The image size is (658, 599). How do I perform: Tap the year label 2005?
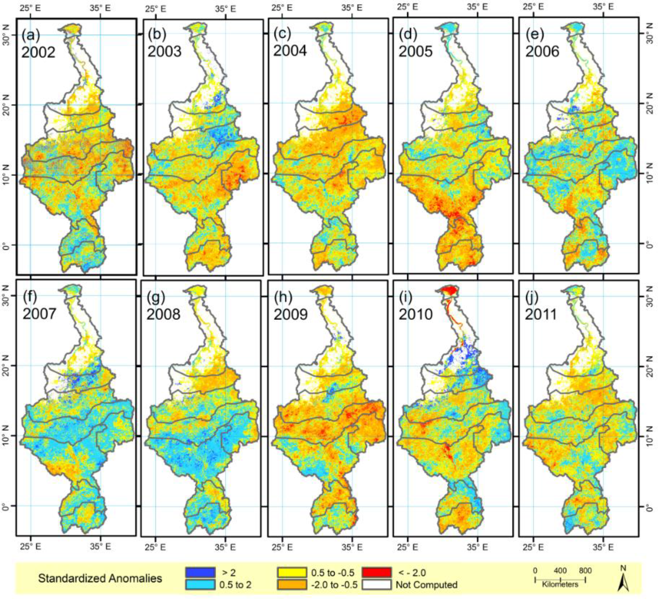(x=415, y=51)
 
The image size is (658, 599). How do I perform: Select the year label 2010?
(x=415, y=314)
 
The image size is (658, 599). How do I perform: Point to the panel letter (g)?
(x=156, y=297)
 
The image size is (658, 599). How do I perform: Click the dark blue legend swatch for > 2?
(x=200, y=572)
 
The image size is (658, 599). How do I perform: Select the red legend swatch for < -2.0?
(x=376, y=572)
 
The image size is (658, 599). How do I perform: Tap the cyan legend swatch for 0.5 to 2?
(x=200, y=585)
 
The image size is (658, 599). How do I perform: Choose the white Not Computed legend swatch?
(x=376, y=585)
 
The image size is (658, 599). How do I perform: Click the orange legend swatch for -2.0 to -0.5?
(x=292, y=585)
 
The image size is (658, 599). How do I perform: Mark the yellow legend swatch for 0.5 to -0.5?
(x=292, y=572)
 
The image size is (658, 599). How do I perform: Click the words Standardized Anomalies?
(x=100, y=578)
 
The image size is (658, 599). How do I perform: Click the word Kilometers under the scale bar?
(x=560, y=585)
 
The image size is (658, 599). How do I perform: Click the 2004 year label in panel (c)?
(x=290, y=51)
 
